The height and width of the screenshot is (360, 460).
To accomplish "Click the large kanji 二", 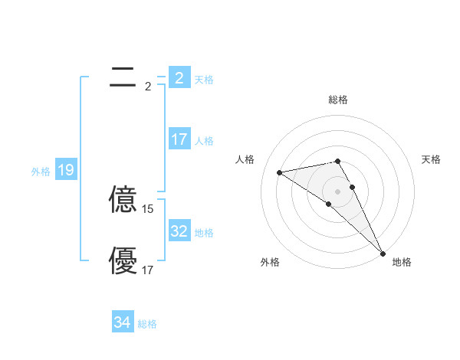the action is (123, 77).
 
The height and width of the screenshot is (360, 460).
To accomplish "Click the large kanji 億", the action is (123, 200).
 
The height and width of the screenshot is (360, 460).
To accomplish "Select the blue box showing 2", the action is (179, 78).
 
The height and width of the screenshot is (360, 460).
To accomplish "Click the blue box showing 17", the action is (179, 139).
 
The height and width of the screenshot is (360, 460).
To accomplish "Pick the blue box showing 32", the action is (179, 231).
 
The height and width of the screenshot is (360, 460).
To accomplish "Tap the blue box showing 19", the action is (65, 170).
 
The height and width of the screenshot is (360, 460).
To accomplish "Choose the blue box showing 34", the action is (122, 322).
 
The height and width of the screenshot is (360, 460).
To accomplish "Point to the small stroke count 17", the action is (148, 270).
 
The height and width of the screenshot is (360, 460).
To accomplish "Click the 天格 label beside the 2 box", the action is (204, 80).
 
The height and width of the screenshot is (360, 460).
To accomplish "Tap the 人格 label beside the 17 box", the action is (204, 141).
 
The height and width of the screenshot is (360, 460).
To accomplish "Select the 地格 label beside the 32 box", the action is (204, 233).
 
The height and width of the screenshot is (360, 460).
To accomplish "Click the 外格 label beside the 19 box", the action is (41, 172).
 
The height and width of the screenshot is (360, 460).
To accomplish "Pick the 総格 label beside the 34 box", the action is (147, 324).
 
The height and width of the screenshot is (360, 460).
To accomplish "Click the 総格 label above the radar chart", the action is (338, 100).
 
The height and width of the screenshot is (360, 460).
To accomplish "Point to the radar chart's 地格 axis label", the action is (402, 263).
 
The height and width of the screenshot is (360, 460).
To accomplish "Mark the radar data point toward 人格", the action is (280, 172).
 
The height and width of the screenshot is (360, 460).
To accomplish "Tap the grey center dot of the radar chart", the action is (338, 191).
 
